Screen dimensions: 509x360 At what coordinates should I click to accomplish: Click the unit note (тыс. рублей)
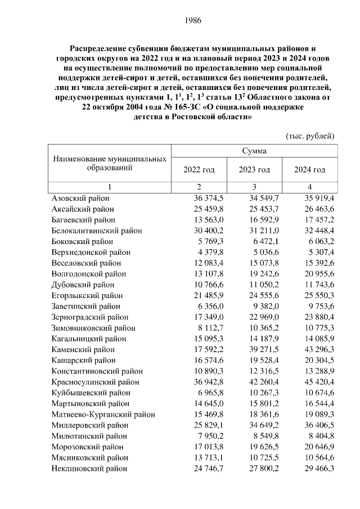(x=310, y=136)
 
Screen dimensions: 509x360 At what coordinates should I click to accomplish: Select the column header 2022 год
(x=199, y=170)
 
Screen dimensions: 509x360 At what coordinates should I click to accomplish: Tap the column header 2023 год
(x=254, y=170)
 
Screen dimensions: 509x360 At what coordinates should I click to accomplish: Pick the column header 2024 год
(x=310, y=170)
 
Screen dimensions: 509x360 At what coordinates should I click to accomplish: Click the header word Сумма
(x=254, y=151)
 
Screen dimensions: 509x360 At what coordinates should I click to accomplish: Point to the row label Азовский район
(x=80, y=198)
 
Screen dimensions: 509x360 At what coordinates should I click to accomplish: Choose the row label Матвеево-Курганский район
(x=103, y=414)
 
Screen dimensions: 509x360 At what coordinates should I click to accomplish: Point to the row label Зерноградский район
(x=89, y=317)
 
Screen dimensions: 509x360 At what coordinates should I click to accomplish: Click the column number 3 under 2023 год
(x=254, y=187)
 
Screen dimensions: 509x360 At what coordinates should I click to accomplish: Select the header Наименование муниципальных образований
(x=110, y=164)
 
